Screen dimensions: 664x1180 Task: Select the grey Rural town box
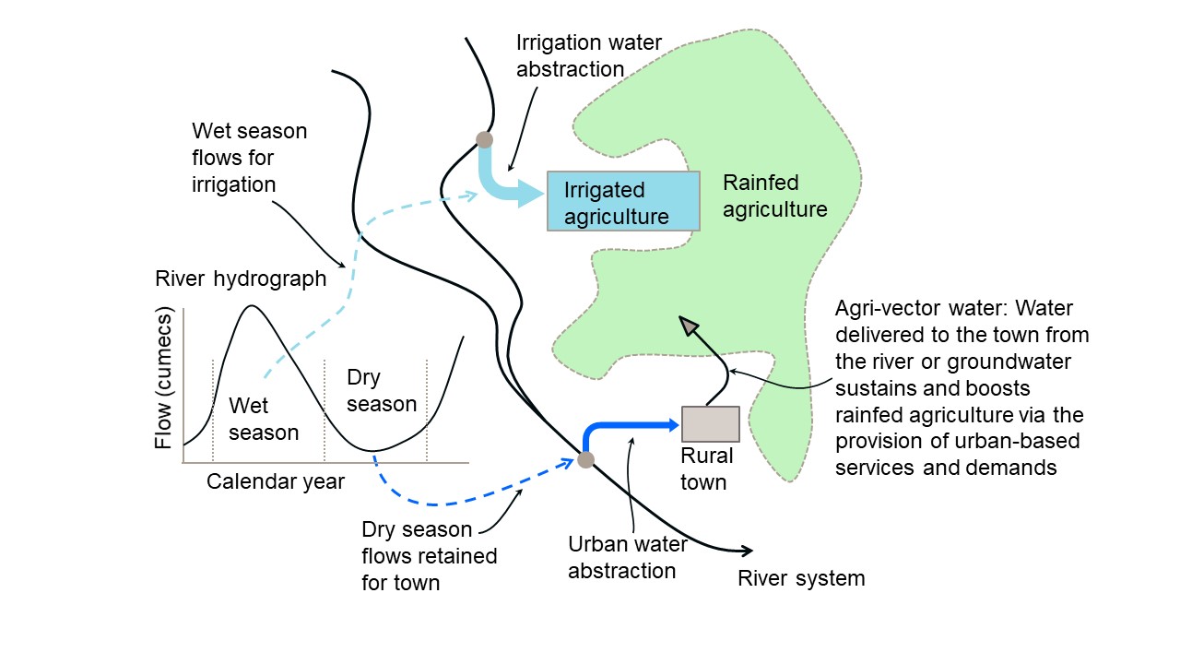710,423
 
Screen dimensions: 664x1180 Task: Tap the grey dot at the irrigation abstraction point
484,140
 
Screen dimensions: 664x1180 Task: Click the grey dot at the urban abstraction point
585,459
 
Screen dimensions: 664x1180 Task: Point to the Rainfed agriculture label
774,196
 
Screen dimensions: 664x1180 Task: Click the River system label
801,578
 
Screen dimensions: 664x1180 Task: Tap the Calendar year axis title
276,480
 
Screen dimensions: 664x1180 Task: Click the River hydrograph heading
241,279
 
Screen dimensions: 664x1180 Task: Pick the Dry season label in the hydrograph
382,390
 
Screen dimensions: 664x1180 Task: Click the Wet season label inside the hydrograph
263,419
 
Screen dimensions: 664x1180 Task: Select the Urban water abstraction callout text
621,557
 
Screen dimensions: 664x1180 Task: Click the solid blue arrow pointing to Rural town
636,425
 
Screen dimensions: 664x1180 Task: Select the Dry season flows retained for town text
429,556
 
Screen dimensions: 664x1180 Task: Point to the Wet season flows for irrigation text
249,158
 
